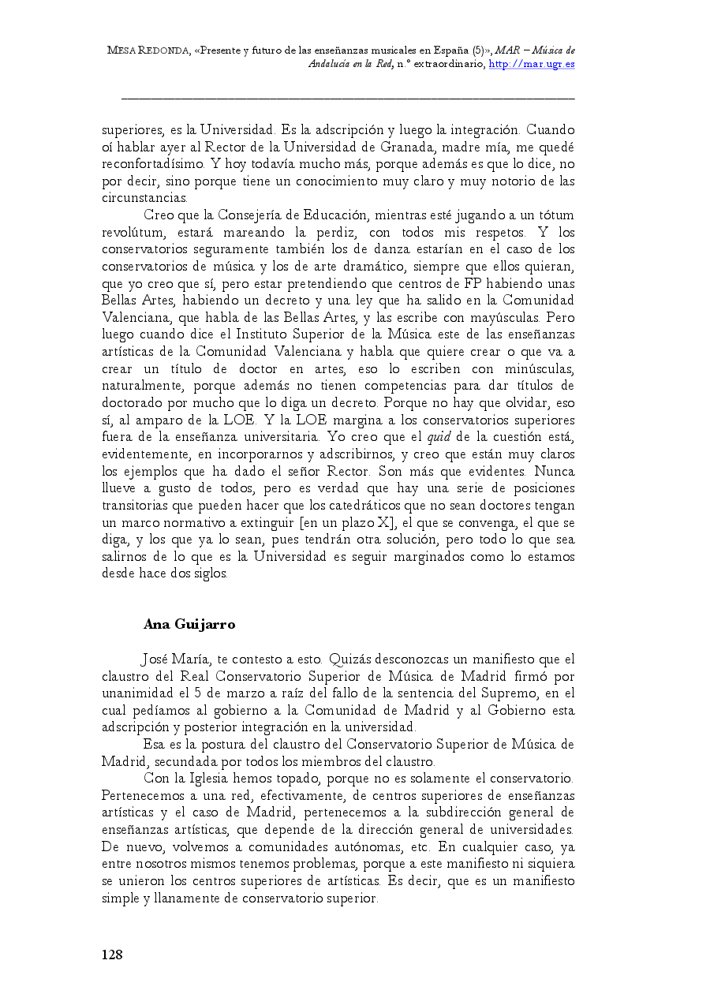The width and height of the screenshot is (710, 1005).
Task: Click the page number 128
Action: tap(112, 955)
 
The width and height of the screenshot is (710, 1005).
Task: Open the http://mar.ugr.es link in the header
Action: tap(532, 64)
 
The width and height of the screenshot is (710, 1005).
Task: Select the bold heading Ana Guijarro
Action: tap(189, 624)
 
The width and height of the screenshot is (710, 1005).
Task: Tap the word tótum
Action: tap(552, 215)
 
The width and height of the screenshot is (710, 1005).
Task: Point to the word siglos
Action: tap(208, 573)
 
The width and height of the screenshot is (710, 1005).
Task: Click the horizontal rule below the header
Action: tap(347, 99)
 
